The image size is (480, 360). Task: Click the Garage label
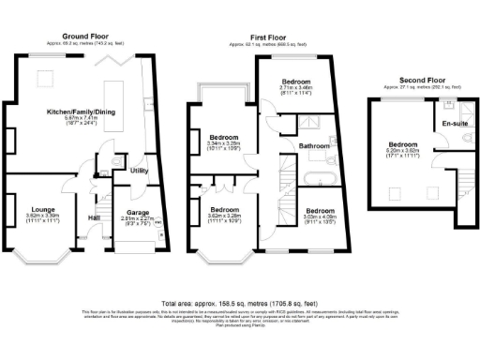[x=138, y=212]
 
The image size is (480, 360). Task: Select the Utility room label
[x=140, y=171]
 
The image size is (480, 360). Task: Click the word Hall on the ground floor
[x=95, y=218]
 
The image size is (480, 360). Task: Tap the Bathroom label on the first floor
[x=314, y=146]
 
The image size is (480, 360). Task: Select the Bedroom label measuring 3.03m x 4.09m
[x=319, y=211]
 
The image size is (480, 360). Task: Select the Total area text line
[x=240, y=304]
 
